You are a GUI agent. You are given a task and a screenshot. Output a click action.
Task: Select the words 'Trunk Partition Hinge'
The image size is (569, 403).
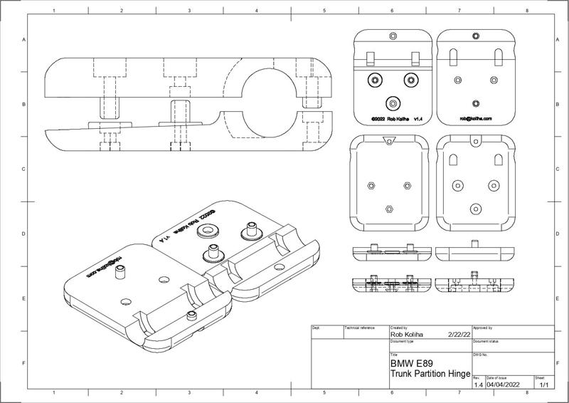(430, 374)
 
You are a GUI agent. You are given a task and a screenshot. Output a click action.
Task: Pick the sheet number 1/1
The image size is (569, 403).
(544, 384)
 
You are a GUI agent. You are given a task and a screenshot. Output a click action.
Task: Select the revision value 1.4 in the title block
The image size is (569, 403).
(478, 384)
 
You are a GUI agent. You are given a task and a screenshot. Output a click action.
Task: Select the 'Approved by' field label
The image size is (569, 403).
(483, 328)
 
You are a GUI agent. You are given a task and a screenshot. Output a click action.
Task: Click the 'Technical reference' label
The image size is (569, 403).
(359, 328)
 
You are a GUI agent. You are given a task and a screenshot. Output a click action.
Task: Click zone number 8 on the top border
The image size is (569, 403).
(526, 11)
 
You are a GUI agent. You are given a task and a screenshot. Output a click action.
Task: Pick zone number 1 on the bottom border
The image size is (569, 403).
(55, 392)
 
